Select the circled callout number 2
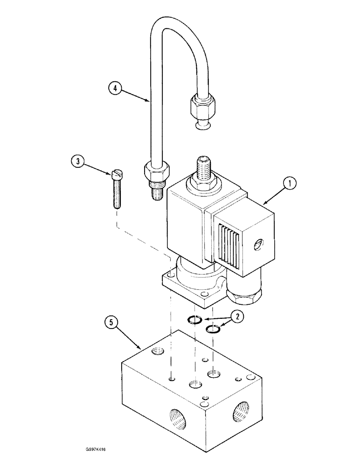pyautogui.click(x=238, y=317)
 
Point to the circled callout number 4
pyautogui.click(x=115, y=87)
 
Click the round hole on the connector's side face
pyautogui.click(x=259, y=244)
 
